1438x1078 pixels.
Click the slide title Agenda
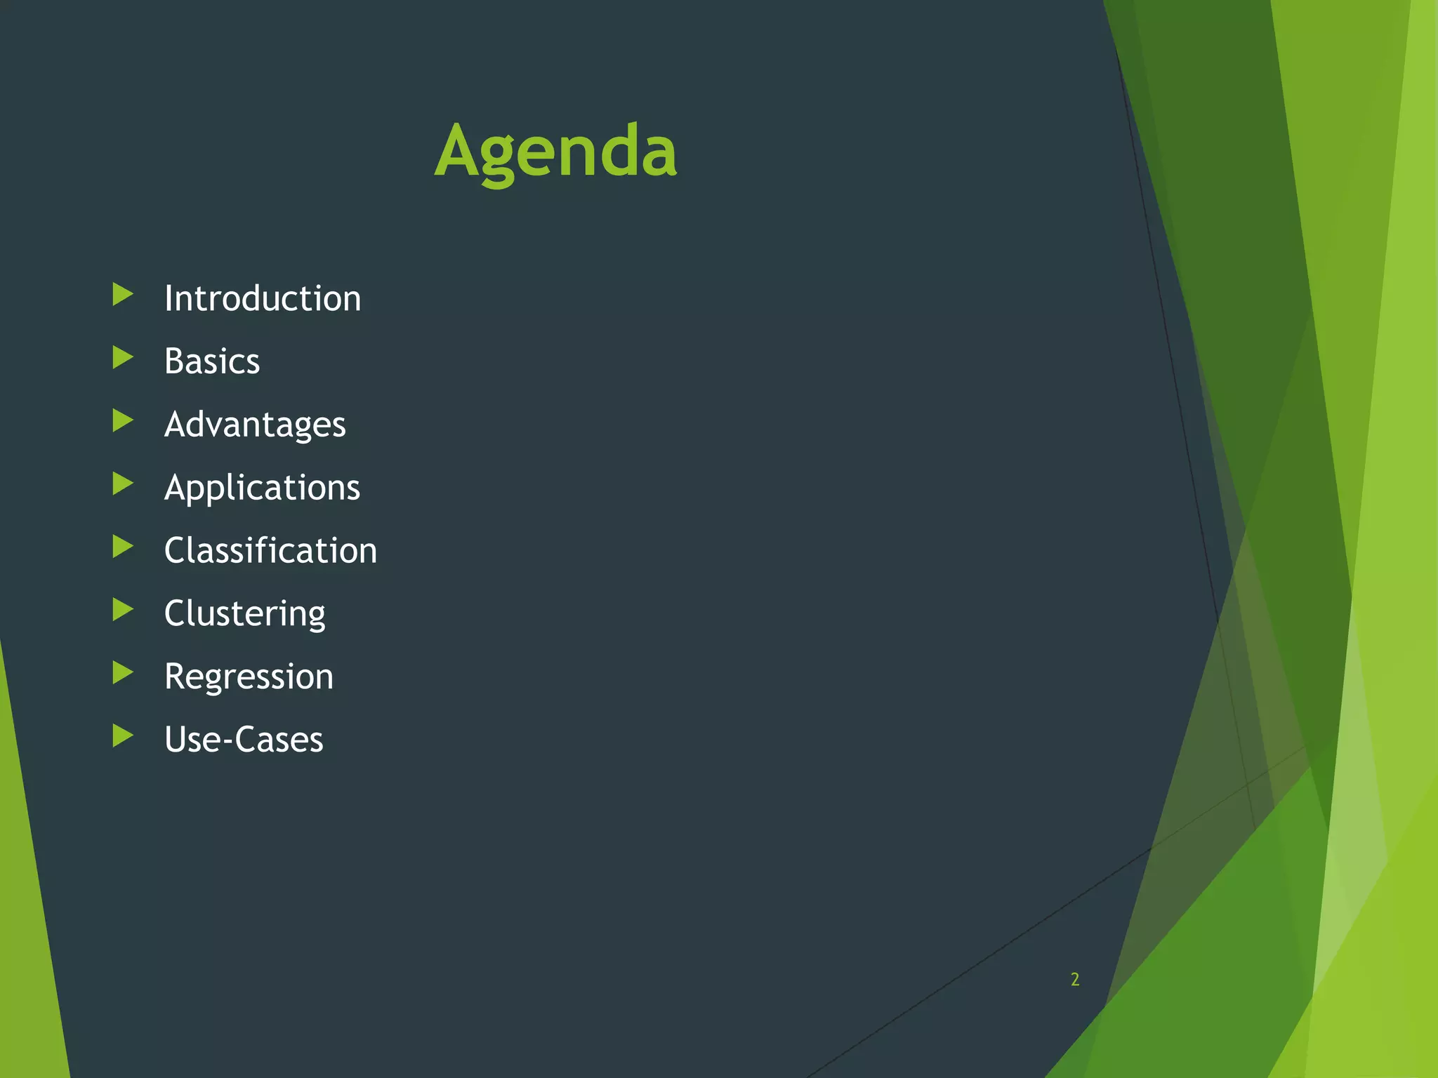coord(555,151)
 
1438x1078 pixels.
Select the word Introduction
coord(263,299)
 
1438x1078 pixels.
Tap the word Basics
coord(212,361)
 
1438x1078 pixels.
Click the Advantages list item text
coord(255,425)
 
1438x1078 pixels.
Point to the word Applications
coord(262,488)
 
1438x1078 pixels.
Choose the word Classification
coord(270,550)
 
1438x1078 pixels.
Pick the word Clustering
coord(244,613)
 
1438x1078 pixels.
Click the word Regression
coord(249,677)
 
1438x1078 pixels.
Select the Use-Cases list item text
coord(244,740)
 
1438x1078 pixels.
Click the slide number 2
coord(1074,979)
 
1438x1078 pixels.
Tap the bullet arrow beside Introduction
coord(122,295)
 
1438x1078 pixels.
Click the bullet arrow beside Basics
coord(122,358)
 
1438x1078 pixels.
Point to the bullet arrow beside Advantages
coord(122,421)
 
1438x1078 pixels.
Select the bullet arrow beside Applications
coord(122,484)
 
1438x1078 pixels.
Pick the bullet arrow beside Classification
coord(122,547)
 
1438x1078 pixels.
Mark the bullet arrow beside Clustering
coord(122,610)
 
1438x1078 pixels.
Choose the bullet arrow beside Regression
coord(122,673)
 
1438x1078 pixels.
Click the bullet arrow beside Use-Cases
coord(122,736)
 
